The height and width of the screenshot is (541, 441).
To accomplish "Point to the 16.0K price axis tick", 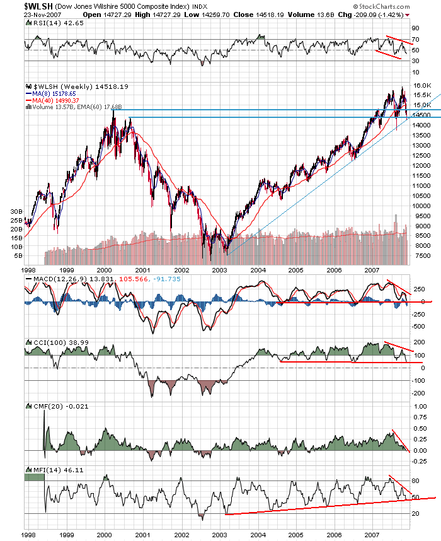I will click(421, 85).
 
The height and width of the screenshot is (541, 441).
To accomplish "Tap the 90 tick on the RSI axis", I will click(416, 28).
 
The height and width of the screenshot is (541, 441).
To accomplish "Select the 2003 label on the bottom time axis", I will click(219, 534).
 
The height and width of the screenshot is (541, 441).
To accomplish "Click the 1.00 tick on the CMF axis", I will click(418, 416).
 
